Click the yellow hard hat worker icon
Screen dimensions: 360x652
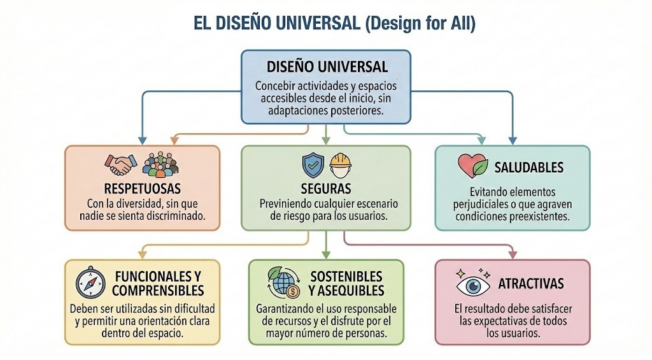341,165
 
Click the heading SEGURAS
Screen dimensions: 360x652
325,189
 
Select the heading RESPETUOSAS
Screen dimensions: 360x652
143,189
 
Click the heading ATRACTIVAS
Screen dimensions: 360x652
530,284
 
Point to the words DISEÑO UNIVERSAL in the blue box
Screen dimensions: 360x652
325,67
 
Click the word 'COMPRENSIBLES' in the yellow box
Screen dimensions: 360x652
157,291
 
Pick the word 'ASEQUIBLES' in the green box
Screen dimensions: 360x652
346,291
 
